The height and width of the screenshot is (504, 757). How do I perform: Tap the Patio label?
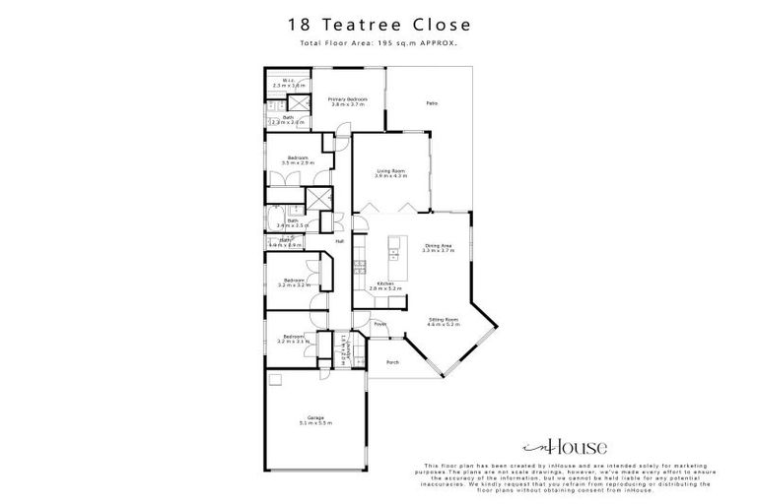click(x=431, y=103)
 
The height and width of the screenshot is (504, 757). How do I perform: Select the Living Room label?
click(x=391, y=171)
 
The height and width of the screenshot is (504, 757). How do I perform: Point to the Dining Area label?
click(x=438, y=246)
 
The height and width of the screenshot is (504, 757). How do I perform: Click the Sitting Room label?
click(x=444, y=319)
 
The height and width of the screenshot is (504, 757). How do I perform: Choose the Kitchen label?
click(x=386, y=284)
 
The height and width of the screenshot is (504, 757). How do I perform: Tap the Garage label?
click(x=316, y=418)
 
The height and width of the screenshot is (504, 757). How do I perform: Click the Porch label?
click(x=392, y=361)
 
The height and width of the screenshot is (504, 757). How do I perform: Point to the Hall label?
click(x=339, y=241)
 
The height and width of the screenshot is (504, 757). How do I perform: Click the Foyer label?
click(x=378, y=324)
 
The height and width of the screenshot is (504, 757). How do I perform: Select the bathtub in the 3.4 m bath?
click(x=274, y=219)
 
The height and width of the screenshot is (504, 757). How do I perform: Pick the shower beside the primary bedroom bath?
click(x=293, y=101)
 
